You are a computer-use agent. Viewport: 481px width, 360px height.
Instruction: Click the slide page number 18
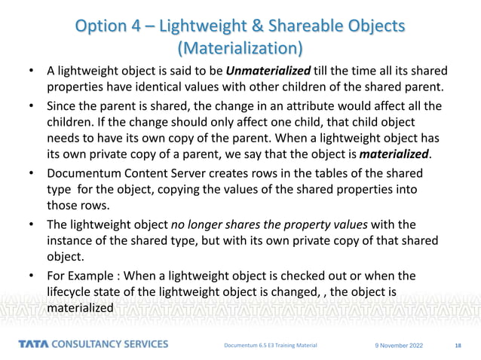(x=458, y=345)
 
